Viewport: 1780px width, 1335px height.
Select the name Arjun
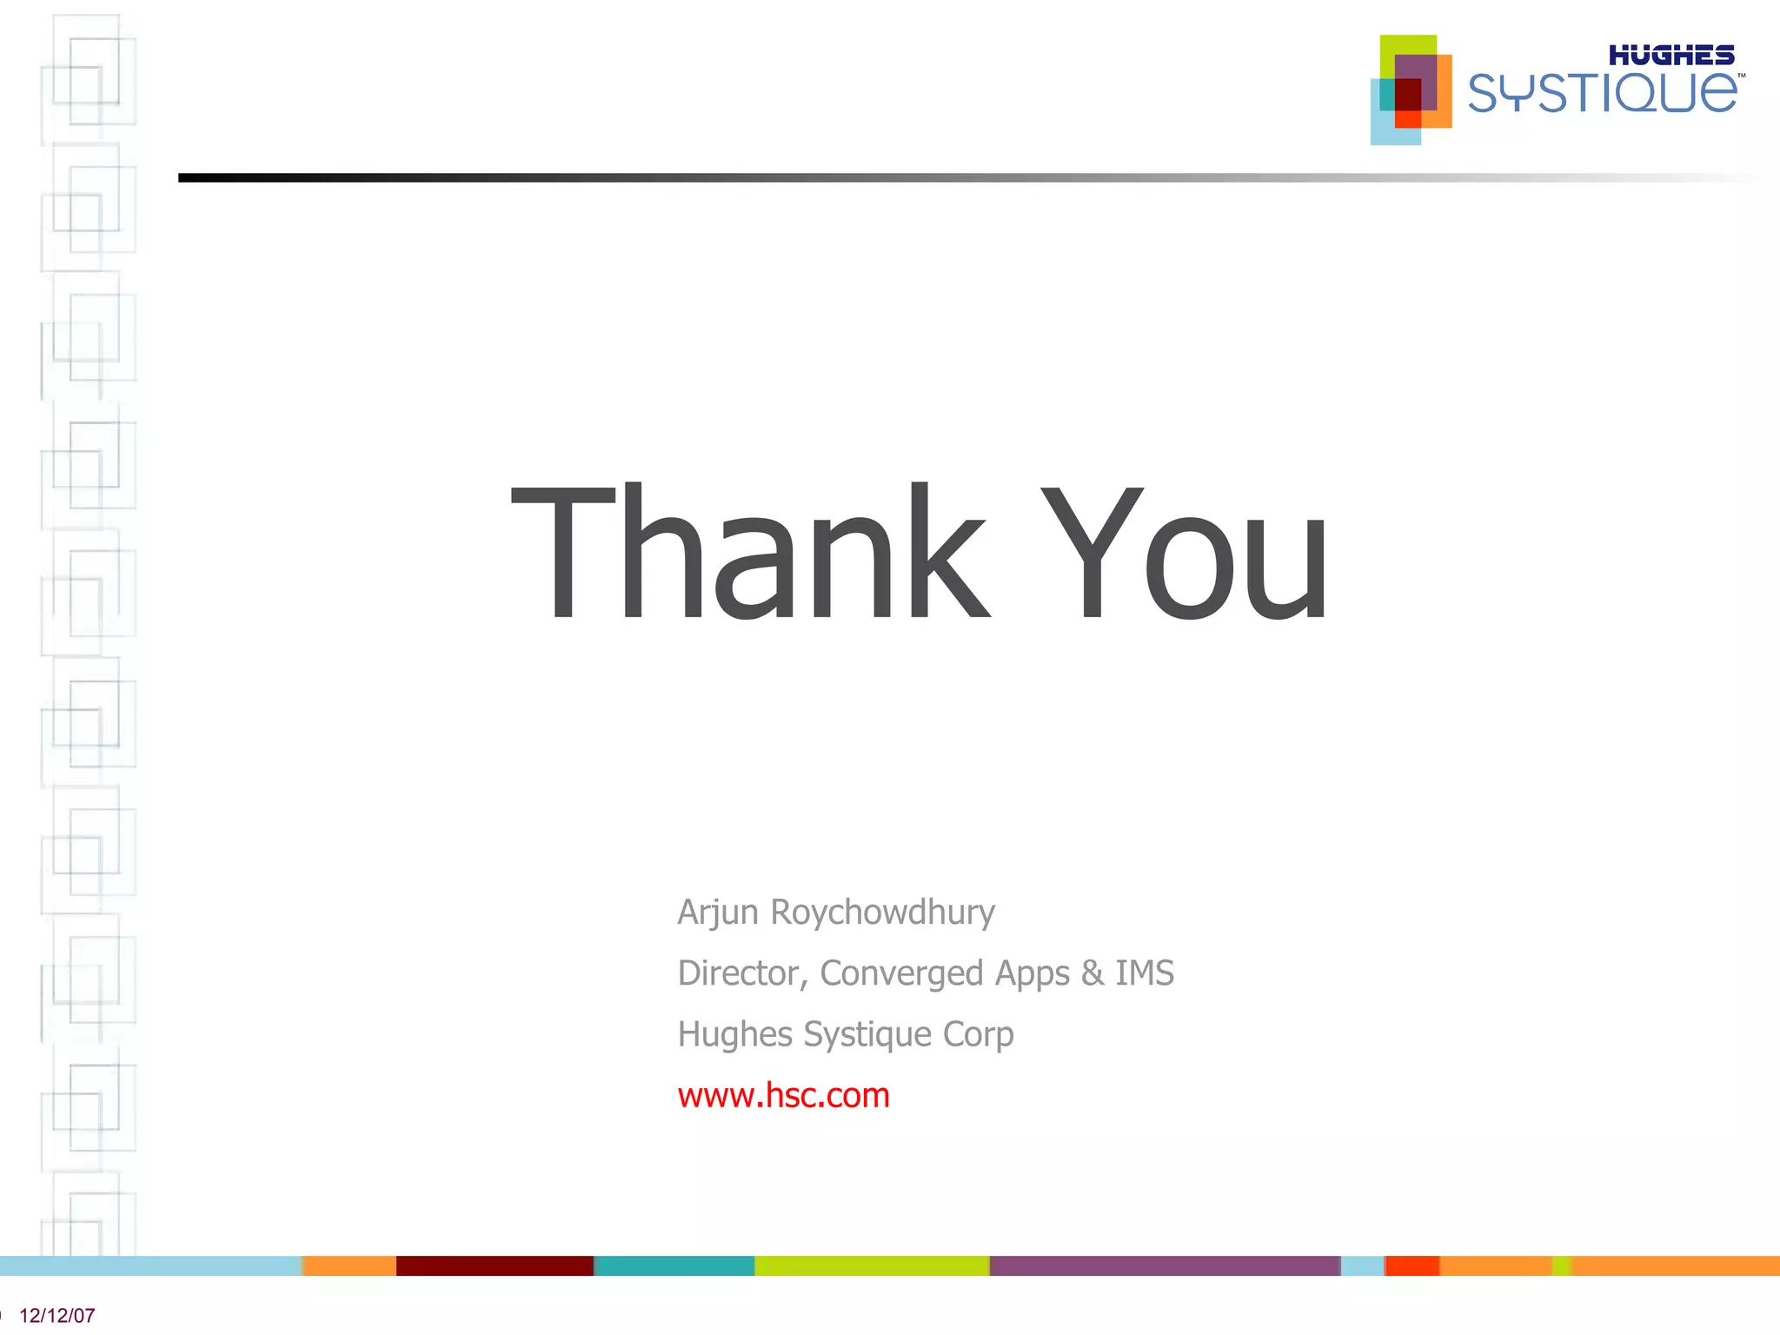tap(718, 913)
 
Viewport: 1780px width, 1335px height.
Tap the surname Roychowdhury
tap(882, 913)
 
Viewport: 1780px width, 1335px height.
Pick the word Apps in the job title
tap(1033, 973)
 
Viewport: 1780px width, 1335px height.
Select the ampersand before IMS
tap(1093, 973)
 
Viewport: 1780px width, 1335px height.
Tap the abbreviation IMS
tap(1145, 973)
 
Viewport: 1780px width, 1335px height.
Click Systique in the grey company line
tap(867, 1034)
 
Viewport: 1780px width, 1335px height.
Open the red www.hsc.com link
tap(783, 1095)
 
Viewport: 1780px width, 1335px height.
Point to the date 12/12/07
tap(57, 1316)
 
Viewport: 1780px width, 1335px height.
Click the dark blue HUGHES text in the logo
tap(1670, 56)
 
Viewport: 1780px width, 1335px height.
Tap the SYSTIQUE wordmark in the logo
tap(1602, 93)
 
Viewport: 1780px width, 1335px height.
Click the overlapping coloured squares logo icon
tap(1411, 90)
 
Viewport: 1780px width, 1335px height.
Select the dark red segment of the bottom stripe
tap(495, 1265)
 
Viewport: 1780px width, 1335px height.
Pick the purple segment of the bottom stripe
tap(1165, 1265)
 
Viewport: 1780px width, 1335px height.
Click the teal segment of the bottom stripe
tap(674, 1265)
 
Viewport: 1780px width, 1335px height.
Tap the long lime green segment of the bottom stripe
tap(872, 1265)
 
